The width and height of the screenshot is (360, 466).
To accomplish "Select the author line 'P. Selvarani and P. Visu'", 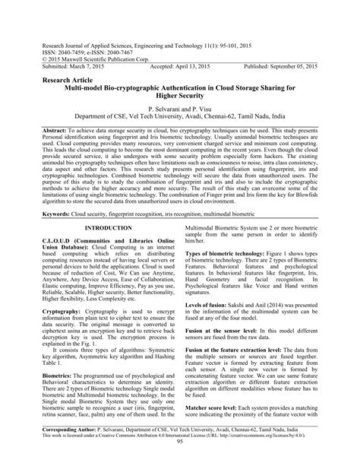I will tap(179, 109).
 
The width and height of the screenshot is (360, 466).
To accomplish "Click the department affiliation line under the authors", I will tap(179, 116).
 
